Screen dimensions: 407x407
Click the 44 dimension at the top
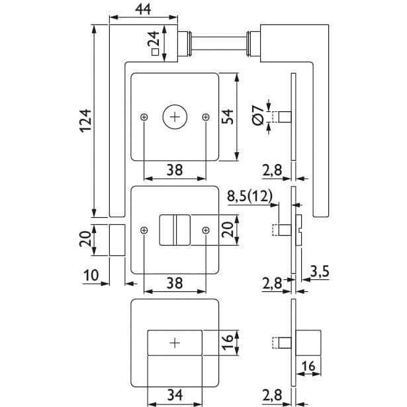[143, 9]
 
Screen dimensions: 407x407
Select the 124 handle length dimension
[85, 121]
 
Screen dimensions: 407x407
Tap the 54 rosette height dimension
[228, 116]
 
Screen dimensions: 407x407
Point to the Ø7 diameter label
[257, 116]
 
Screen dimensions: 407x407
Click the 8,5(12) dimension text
[249, 197]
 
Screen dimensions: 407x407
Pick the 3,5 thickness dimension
[320, 271]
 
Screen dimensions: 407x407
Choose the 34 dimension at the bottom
[175, 395]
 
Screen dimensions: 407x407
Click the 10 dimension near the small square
[91, 275]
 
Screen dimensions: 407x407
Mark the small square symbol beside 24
[156, 52]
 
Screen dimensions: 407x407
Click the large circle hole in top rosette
[175, 117]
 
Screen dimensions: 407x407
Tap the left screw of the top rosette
[144, 117]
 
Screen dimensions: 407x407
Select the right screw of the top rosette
[206, 117]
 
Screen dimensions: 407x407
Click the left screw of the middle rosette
[144, 230]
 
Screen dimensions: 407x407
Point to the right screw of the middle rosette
[206, 230]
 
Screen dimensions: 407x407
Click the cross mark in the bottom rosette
[175, 343]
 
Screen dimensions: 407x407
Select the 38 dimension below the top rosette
[175, 170]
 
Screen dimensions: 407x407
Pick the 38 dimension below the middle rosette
[175, 283]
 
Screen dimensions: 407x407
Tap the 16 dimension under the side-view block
[308, 366]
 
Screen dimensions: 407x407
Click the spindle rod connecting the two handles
[219, 44]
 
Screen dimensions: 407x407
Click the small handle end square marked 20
[117, 240]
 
